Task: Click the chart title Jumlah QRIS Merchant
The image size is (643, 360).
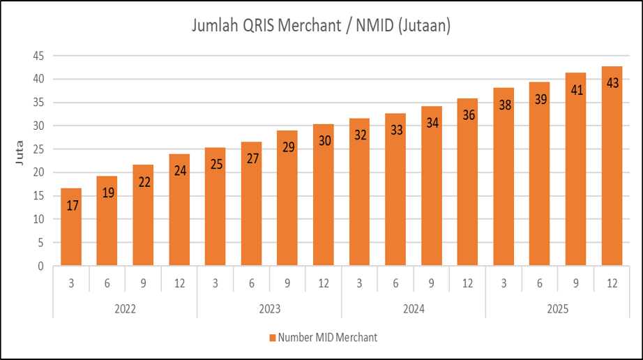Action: click(x=321, y=27)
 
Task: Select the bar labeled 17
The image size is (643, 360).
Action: click(x=71, y=227)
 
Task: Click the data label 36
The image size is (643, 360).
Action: click(x=469, y=115)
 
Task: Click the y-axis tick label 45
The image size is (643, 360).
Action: click(x=39, y=56)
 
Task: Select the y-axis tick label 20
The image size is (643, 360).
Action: click(x=39, y=172)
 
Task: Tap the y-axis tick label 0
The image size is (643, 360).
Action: click(x=42, y=266)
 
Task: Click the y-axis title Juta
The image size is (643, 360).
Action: click(x=20, y=161)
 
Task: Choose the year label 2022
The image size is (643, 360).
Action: click(x=125, y=308)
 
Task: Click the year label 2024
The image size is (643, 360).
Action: click(x=414, y=308)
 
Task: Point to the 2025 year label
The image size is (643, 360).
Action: click(x=558, y=308)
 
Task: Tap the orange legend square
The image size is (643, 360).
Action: click(x=272, y=338)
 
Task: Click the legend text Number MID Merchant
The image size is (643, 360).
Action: click(x=327, y=338)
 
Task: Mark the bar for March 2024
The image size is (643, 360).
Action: click(x=360, y=192)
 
